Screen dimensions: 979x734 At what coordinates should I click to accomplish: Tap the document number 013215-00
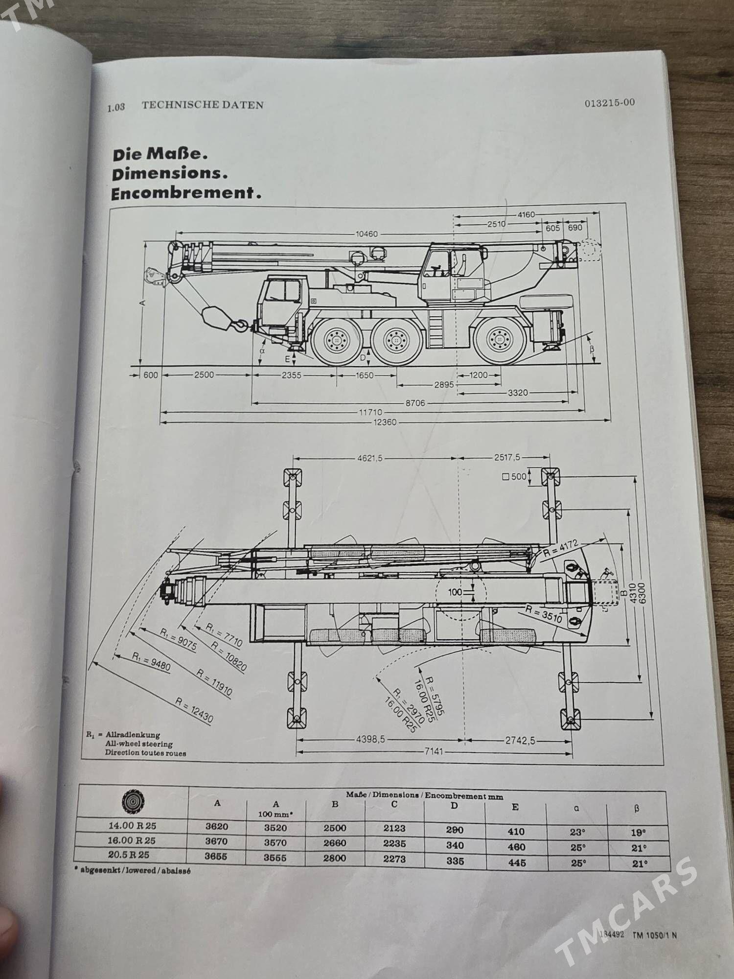click(x=609, y=102)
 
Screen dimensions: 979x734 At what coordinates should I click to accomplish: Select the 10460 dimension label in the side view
click(x=367, y=234)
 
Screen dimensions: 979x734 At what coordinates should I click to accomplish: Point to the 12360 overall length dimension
click(x=385, y=422)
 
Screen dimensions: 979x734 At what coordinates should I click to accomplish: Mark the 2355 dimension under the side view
click(x=292, y=375)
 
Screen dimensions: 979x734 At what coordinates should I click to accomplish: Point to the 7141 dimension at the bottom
click(x=431, y=751)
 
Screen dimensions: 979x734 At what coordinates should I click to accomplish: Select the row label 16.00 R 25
click(x=132, y=840)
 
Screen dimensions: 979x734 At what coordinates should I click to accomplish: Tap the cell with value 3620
click(x=217, y=827)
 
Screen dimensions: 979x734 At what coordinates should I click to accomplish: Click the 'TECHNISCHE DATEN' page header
click(x=203, y=105)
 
